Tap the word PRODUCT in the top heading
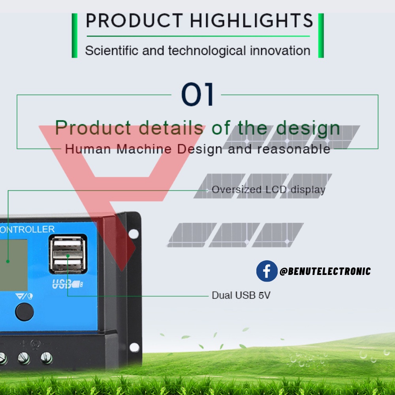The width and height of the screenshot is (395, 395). pos(135,21)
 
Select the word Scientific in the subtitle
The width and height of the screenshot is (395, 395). pos(106,51)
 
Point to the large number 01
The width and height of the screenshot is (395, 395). pos(197,95)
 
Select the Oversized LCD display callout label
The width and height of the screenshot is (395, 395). pos(268,190)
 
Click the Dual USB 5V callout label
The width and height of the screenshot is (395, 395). pos(241,295)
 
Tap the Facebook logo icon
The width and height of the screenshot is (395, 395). pos(267,271)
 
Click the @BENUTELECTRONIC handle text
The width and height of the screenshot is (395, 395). pos(325,271)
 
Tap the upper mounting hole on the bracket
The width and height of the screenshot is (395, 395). pos(134,234)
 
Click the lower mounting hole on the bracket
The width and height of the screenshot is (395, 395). pos(134,347)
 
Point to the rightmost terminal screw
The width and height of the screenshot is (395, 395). pos(47,358)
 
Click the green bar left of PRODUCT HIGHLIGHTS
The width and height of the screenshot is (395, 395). pos(74,36)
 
